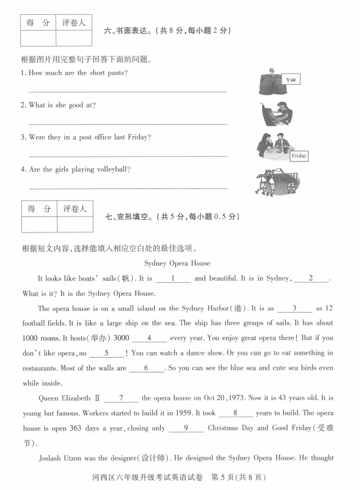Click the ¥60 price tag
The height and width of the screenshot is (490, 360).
point(291,80)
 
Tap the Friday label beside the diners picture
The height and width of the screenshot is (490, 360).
point(299,156)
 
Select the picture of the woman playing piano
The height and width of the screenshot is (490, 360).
point(277,113)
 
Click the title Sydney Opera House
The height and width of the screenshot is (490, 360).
point(177,263)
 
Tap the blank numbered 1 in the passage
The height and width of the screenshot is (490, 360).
point(173,279)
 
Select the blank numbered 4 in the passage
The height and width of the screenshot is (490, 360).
point(149,338)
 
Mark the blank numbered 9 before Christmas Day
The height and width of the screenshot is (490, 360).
point(187,427)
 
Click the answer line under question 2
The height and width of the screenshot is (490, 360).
point(127,124)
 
